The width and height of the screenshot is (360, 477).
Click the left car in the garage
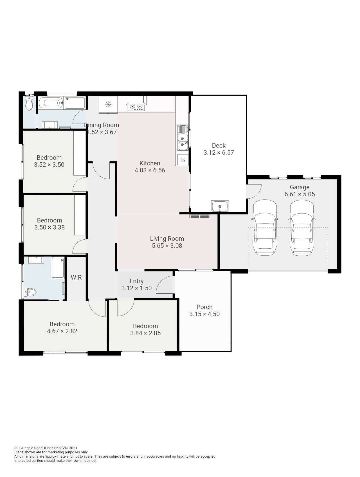pyautogui.click(x=265, y=228)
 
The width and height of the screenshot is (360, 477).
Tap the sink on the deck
pyautogui.click(x=220, y=206)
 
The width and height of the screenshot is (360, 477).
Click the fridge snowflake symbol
pyautogui.click(x=108, y=104)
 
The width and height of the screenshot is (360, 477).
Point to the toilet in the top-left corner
pyautogui.click(x=29, y=103)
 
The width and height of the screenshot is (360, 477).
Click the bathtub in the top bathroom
pyautogui.click(x=51, y=103)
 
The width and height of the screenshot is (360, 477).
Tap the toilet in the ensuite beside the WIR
pyautogui.click(x=30, y=292)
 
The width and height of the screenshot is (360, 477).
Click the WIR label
pyautogui.click(x=76, y=278)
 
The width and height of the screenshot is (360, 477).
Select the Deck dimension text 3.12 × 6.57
pyautogui.click(x=219, y=153)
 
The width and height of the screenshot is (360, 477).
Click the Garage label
pyautogui.click(x=300, y=187)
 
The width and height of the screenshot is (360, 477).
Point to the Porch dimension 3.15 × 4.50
pyautogui.click(x=204, y=314)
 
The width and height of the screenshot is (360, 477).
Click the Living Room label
pyautogui.click(x=167, y=239)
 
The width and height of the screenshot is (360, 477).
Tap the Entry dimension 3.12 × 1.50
pyautogui.click(x=137, y=288)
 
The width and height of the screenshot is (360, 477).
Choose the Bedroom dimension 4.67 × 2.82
pyautogui.click(x=62, y=331)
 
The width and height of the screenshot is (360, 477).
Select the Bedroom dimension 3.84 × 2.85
pyautogui.click(x=145, y=333)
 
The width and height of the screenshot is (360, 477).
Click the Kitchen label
pyautogui.click(x=150, y=163)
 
